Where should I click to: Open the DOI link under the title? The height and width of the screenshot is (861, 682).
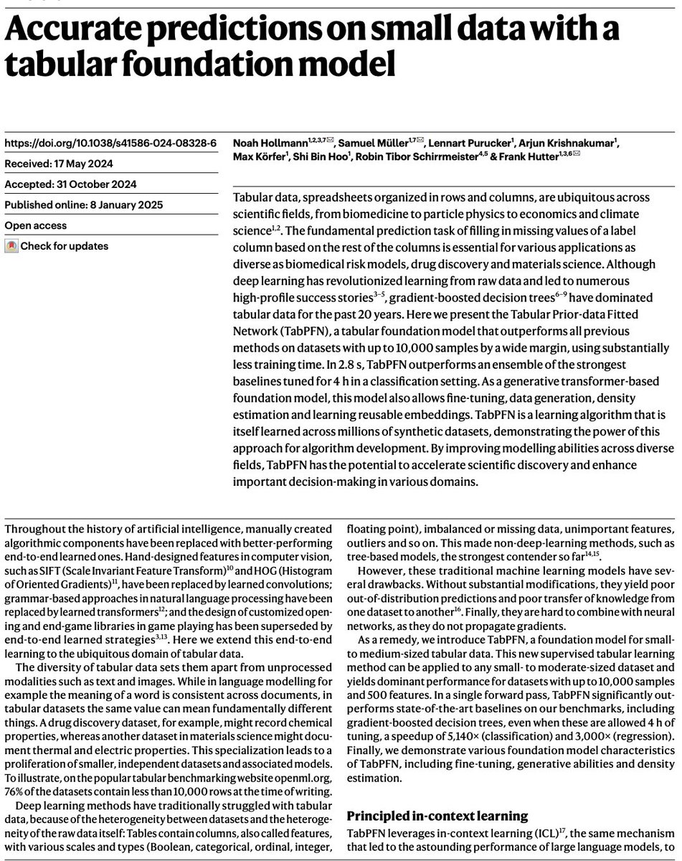(110, 142)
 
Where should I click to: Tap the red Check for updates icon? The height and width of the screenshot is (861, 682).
(11, 246)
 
